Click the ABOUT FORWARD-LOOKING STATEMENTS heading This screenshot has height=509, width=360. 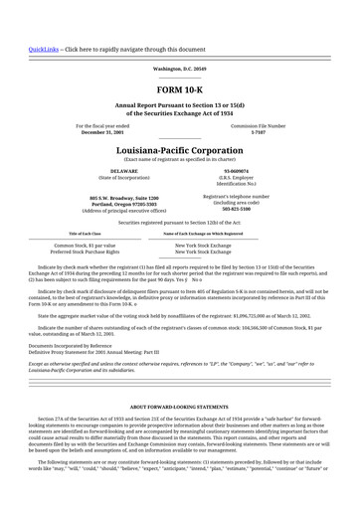coord(179,408)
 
